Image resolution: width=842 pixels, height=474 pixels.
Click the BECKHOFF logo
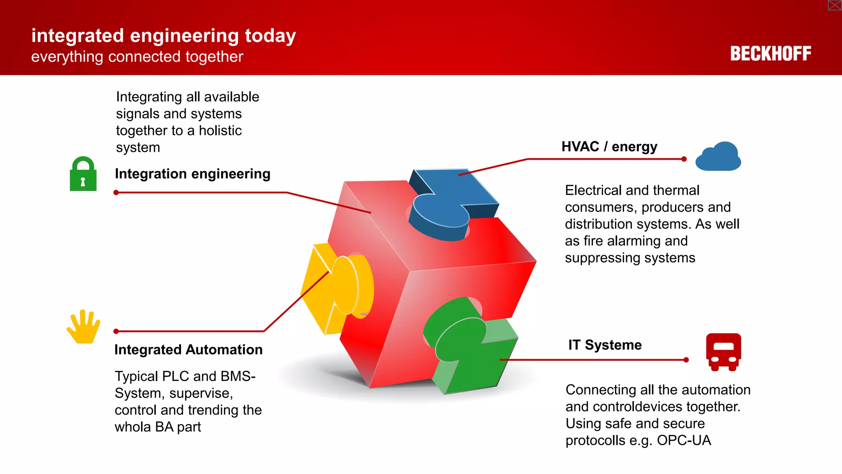(x=770, y=53)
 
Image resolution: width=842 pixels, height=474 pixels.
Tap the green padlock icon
(x=83, y=174)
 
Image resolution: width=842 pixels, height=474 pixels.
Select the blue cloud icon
(x=718, y=157)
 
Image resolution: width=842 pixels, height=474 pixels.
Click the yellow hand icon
(x=83, y=327)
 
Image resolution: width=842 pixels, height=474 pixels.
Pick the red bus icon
(x=724, y=352)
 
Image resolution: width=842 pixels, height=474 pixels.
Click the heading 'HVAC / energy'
(x=609, y=146)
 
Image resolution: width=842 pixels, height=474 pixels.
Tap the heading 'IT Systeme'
(x=605, y=345)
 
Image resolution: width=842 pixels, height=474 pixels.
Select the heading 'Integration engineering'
(x=192, y=174)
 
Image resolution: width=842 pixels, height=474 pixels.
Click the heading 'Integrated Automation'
(x=188, y=350)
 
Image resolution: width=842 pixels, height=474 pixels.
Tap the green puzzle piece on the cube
(x=469, y=346)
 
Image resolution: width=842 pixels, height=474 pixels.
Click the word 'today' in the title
(x=271, y=36)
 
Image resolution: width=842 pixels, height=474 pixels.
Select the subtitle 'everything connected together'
(x=137, y=57)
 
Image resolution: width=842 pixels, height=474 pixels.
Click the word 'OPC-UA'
(x=684, y=440)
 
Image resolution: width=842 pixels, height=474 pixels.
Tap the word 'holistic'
(x=220, y=130)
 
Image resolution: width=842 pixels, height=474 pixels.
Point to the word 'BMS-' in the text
(x=238, y=376)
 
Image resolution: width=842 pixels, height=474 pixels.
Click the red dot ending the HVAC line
(x=684, y=159)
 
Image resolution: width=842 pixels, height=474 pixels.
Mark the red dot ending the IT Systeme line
(x=686, y=360)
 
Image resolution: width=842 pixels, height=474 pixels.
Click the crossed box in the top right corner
(x=835, y=5)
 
